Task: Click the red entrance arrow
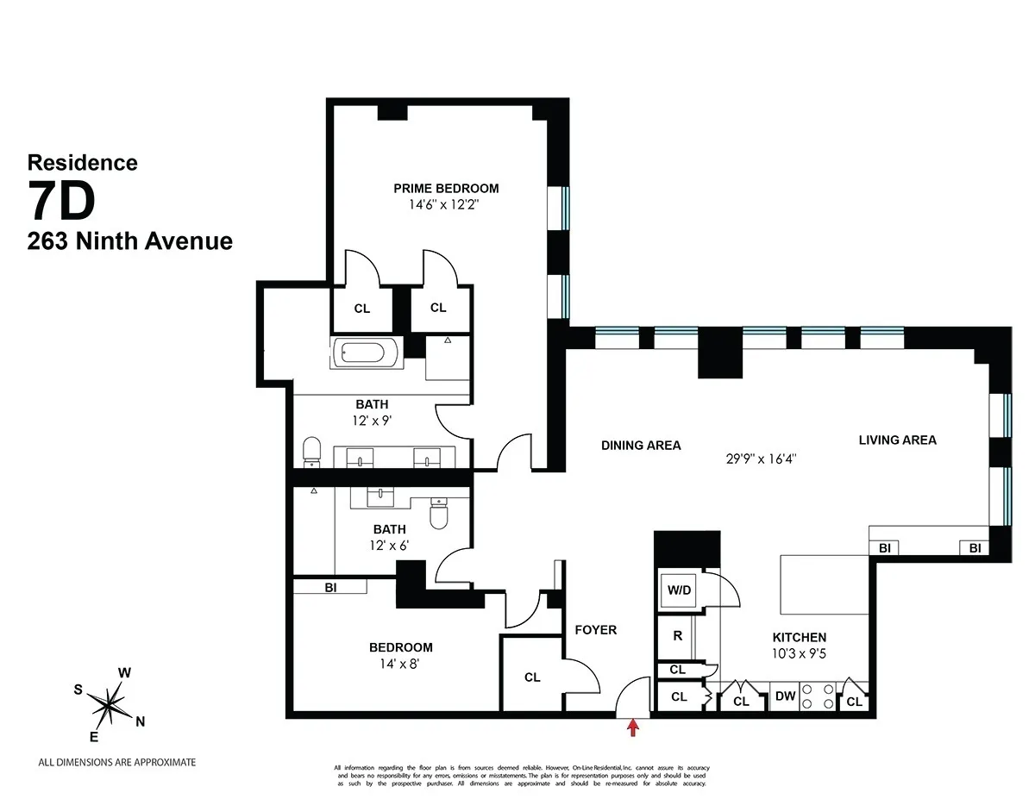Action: click(633, 727)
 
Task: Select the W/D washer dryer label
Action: click(678, 591)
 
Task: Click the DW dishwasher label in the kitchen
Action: click(785, 697)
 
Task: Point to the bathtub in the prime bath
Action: click(367, 353)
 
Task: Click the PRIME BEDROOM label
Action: click(446, 189)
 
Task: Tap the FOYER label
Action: click(596, 630)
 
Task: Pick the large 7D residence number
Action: click(60, 203)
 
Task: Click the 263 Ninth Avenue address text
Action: click(129, 241)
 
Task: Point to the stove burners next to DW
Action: click(818, 696)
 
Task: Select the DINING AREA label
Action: click(641, 446)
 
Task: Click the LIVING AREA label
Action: click(897, 440)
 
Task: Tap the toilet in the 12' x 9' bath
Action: click(312, 451)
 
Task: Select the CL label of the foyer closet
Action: click(532, 677)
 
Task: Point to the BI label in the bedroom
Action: click(329, 587)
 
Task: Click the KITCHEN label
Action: click(799, 637)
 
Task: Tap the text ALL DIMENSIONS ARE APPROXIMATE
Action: click(117, 762)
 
